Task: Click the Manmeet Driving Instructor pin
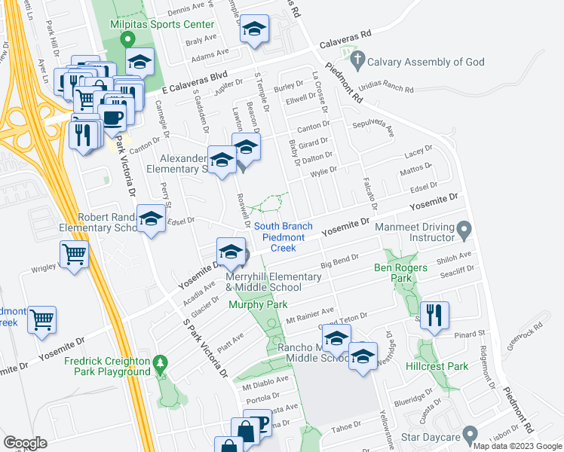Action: [x=464, y=228]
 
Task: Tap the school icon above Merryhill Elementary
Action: [x=231, y=250]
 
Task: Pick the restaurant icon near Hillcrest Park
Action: [x=434, y=314]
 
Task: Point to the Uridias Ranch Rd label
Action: [x=386, y=90]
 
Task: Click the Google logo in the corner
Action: [x=26, y=442]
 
